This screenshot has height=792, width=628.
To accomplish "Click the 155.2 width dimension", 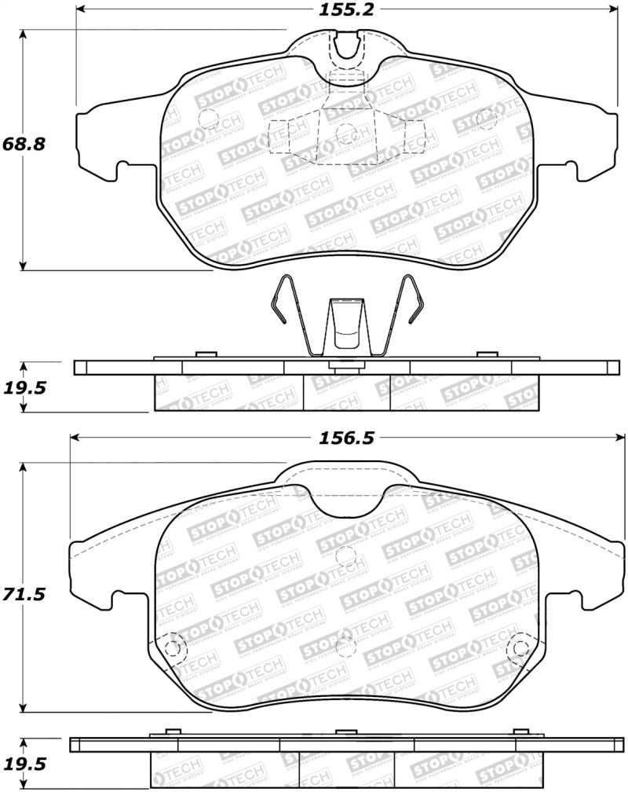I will [345, 10].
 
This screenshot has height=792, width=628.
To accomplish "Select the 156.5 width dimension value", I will [345, 441].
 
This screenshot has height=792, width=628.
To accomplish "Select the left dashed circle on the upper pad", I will [209, 119].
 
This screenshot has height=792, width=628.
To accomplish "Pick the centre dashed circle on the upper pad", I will [343, 134].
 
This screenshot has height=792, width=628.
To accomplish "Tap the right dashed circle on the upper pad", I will [485, 119].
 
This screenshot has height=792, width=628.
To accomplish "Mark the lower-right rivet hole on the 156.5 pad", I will [518, 647].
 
